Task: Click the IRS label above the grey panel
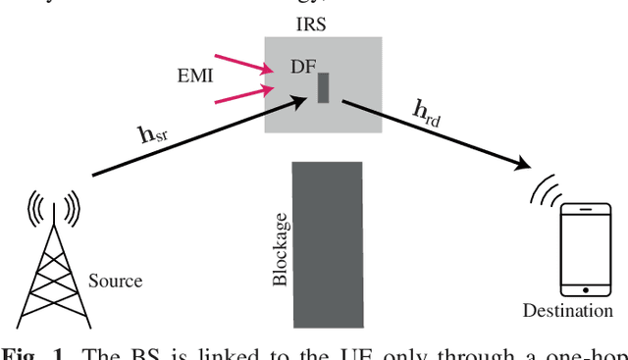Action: pos(321,21)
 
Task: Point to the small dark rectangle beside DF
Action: pos(323,87)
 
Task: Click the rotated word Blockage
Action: pos(280,248)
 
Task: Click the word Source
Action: pos(115,281)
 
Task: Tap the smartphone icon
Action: pos(585,251)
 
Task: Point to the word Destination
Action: pos(567,312)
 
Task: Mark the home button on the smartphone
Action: pos(585,288)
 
